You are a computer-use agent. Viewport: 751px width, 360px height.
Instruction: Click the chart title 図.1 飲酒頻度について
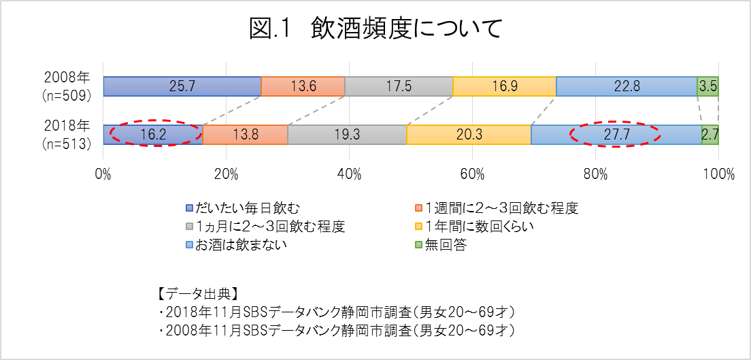click(375, 30)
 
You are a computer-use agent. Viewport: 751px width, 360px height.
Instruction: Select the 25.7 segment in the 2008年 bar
click(182, 86)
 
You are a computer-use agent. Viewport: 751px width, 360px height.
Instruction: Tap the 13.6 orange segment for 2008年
click(303, 86)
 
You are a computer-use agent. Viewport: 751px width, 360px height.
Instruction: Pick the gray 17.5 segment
click(399, 86)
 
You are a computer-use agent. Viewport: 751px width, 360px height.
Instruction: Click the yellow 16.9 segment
click(504, 86)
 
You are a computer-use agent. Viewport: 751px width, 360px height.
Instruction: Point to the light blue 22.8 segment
click(626, 86)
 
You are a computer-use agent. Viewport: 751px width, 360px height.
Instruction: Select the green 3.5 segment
click(707, 86)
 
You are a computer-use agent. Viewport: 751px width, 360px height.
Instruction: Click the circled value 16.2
click(153, 135)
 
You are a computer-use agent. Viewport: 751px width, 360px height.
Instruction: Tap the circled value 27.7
click(615, 135)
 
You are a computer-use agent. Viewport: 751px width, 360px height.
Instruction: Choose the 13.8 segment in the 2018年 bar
click(245, 135)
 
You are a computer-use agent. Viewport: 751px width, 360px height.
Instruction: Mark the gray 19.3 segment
click(347, 135)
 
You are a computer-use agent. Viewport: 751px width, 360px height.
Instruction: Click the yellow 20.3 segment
click(468, 135)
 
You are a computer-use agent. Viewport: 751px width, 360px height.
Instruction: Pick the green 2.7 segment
click(710, 135)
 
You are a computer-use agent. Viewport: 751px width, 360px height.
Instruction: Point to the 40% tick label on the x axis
click(349, 174)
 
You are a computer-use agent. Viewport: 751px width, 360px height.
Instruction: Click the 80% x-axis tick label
click(595, 174)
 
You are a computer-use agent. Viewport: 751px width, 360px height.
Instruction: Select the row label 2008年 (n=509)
click(67, 86)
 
